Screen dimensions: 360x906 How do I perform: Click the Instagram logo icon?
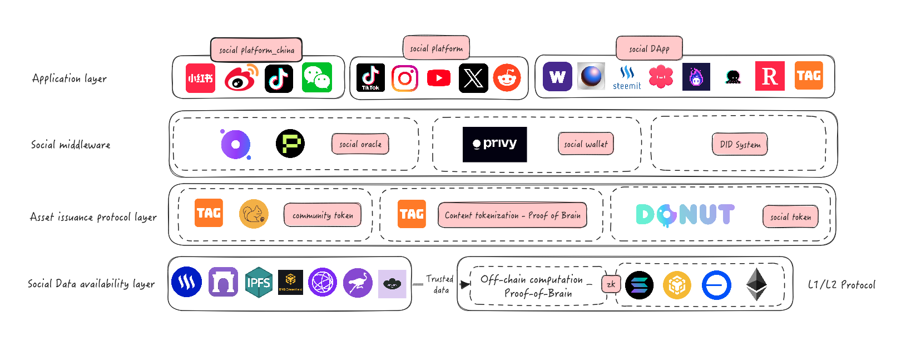[x=405, y=78]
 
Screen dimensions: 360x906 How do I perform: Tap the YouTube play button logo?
[x=439, y=78]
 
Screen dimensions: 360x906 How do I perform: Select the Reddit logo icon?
[x=507, y=78]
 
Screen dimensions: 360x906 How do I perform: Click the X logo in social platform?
[x=473, y=78]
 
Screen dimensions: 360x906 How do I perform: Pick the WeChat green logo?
[x=317, y=77]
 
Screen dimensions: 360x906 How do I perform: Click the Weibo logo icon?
[x=241, y=78]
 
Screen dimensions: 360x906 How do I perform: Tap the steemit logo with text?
[x=627, y=78]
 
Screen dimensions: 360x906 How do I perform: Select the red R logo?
[x=770, y=76]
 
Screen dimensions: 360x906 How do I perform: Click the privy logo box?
[x=494, y=145]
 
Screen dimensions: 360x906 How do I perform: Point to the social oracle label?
[x=360, y=144]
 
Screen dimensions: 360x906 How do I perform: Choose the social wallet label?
[x=586, y=144]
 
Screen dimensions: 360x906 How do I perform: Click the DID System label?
[x=740, y=144]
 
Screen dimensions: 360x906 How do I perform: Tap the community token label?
[x=323, y=215]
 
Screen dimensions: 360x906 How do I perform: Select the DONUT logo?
[x=685, y=215]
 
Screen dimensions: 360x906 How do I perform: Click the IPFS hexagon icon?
[x=259, y=283]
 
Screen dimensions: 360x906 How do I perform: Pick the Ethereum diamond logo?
[x=756, y=284]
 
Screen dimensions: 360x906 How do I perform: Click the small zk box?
[x=611, y=284]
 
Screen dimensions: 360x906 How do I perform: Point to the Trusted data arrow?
[x=465, y=284]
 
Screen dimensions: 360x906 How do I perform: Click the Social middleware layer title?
[x=71, y=145]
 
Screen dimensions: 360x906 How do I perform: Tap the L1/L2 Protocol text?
[x=841, y=285]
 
